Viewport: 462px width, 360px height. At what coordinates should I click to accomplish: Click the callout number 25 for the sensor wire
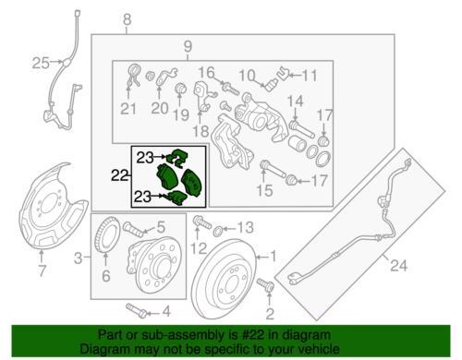tap(41, 63)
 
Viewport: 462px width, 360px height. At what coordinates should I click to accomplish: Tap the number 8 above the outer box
tap(127, 20)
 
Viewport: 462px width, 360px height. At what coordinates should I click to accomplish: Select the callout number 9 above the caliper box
tap(188, 46)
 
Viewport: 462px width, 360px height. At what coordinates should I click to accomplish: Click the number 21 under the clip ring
tap(128, 109)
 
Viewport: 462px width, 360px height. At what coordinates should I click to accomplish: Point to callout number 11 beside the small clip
tap(310, 76)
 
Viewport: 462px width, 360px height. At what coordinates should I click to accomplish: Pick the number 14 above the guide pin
tap(296, 102)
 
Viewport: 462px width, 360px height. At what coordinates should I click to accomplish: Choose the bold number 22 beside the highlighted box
tap(120, 175)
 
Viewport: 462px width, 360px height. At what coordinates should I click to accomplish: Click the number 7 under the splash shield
tap(42, 270)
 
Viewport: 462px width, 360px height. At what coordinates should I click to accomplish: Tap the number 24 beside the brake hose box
tap(399, 265)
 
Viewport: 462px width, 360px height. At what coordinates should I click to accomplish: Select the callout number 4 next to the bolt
tap(166, 312)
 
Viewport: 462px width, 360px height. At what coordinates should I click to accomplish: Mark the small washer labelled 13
tap(217, 230)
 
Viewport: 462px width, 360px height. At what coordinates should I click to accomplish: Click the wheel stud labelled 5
tap(133, 229)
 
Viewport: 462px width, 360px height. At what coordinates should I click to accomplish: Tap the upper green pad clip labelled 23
tap(176, 158)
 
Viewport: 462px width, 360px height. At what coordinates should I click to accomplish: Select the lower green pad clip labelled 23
tap(176, 198)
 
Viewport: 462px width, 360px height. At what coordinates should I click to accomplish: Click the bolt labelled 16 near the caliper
tap(230, 88)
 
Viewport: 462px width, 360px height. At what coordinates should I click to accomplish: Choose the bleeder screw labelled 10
tap(271, 84)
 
